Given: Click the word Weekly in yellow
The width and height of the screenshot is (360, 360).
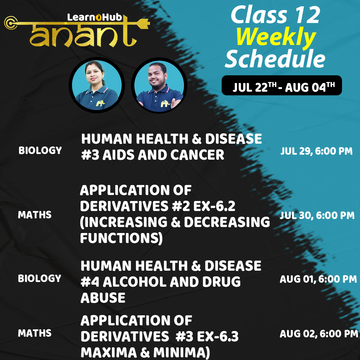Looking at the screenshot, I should tap(276, 38).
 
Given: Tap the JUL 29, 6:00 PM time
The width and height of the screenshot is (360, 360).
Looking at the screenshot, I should tap(316, 151).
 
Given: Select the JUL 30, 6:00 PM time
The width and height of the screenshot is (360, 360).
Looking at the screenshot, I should tap(317, 215).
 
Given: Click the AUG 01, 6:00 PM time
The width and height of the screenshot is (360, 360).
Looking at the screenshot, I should tap(318, 279).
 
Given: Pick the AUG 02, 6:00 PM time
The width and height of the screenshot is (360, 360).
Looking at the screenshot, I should tap(319, 334).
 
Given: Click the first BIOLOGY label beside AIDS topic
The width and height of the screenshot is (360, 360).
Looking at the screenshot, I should tap(40, 150).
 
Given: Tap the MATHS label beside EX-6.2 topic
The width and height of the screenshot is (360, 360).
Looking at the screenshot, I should tap(35, 215).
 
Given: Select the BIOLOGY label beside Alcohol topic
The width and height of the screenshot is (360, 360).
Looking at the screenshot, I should tap(40, 278).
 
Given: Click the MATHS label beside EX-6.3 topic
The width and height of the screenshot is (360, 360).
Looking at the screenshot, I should tap(35, 333).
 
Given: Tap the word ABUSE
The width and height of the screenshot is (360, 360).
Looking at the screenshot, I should tap(103, 298).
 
